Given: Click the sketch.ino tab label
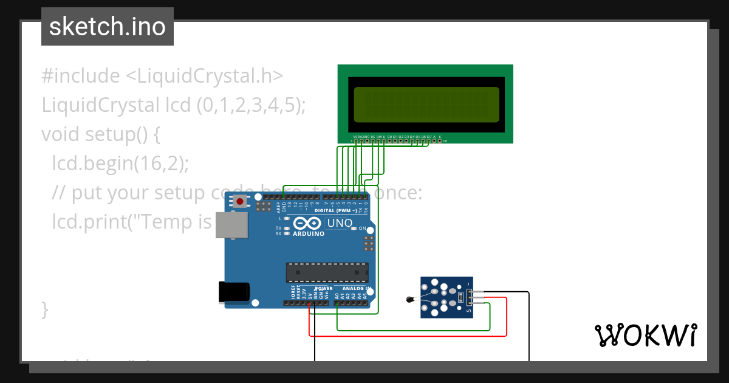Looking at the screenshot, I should coord(107,27).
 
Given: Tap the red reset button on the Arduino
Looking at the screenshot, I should coord(241,201).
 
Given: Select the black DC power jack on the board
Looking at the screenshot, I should coord(234,292).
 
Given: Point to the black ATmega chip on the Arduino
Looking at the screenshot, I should coord(327,273).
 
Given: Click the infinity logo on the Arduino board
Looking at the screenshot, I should coord(307,223).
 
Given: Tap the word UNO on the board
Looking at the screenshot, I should coord(340,223).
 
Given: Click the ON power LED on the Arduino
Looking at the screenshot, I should coord(354,229).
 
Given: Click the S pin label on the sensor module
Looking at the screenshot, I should coord(468,311).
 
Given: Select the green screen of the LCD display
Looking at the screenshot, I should coord(426,105).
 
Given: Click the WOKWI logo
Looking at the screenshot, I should coord(645,335).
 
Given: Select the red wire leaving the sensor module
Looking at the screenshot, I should coord(507,316).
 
